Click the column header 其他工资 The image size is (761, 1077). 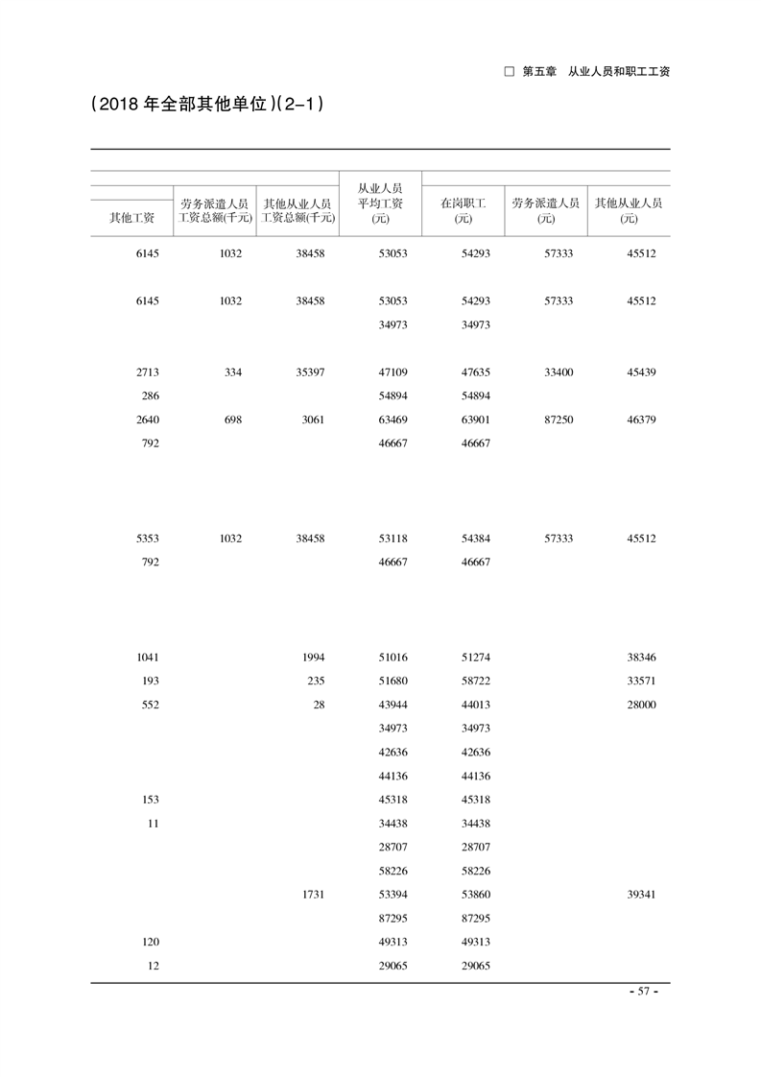131,218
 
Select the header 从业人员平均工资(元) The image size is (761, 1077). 380,203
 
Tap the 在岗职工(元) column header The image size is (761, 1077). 464,210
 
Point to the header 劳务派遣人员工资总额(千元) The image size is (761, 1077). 215,210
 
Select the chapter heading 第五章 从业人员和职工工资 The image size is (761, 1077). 587,72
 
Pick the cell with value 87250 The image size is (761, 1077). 559,419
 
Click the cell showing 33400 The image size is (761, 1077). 559,372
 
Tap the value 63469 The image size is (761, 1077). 393,419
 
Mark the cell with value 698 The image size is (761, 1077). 231,419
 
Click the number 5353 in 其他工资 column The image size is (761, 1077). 148,538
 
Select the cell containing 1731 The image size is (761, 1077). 314,895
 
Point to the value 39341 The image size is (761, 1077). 641,895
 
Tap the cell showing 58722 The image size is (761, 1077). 476,682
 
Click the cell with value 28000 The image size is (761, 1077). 641,705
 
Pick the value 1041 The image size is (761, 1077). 148,658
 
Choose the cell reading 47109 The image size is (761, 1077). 393,372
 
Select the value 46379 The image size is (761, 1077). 641,419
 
